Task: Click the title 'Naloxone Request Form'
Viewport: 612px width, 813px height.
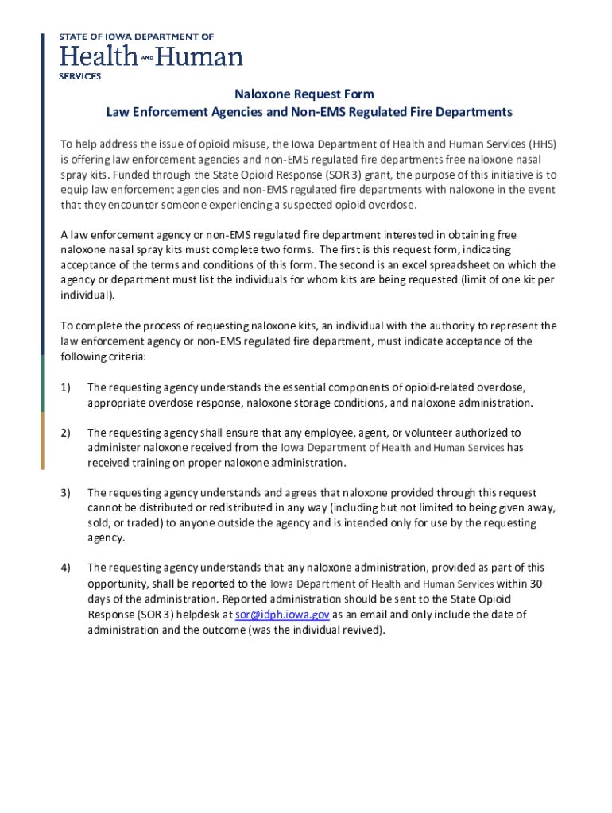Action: coord(310,94)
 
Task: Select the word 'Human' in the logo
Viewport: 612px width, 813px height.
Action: coord(205,56)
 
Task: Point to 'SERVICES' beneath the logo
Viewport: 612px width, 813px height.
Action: coord(81,76)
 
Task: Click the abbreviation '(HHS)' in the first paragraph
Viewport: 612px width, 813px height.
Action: coord(543,144)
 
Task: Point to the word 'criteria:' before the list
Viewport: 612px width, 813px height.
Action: coord(123,356)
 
